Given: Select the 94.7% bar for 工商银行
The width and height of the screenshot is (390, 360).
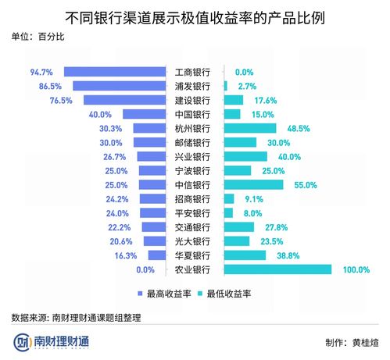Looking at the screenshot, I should (116, 72).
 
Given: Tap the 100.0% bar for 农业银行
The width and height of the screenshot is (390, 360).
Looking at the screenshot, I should (277, 269).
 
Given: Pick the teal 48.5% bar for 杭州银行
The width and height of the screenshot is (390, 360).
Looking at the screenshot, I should (250, 128).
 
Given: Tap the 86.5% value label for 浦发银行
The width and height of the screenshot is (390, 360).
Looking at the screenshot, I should (49, 86).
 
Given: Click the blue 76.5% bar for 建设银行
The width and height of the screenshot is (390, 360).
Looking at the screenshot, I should (127, 100).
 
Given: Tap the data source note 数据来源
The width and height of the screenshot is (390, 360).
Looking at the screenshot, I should (78, 318).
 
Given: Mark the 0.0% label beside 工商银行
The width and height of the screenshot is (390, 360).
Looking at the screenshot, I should (245, 72).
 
